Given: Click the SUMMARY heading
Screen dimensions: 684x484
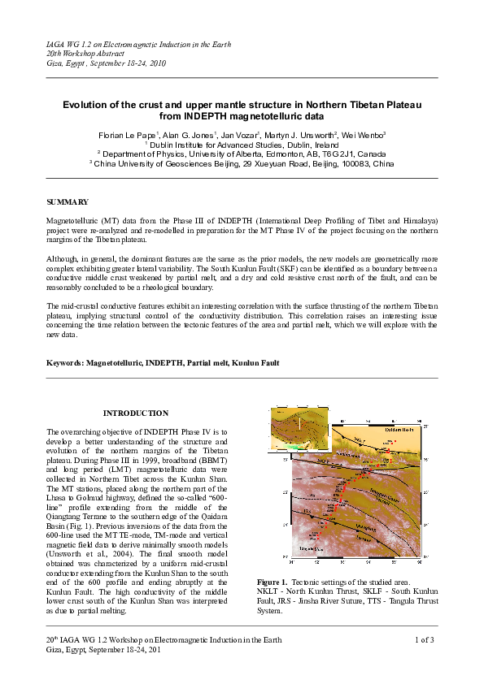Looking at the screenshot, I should pos(68,201).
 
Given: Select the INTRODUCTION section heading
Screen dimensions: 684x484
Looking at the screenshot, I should pos(136,413).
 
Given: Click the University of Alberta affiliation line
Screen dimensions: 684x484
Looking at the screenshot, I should pos(242,153).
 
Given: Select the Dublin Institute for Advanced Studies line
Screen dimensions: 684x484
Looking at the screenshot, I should pos(242,144).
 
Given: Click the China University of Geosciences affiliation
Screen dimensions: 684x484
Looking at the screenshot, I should pos(242,162).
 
